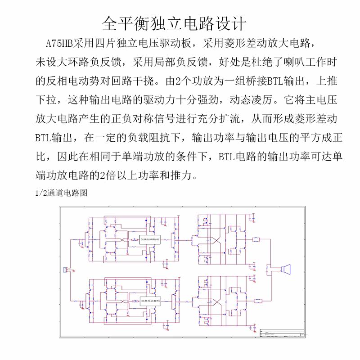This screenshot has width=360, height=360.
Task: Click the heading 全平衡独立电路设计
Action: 175,22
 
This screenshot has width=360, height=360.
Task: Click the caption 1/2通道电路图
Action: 61,193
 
